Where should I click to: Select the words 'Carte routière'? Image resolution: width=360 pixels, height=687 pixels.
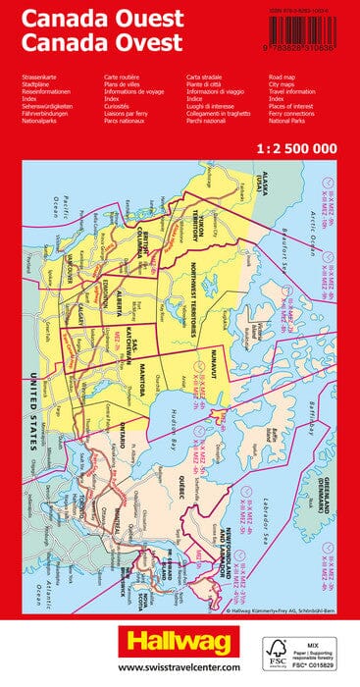click(124, 76)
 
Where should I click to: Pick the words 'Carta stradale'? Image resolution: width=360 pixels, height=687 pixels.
click(208, 76)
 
